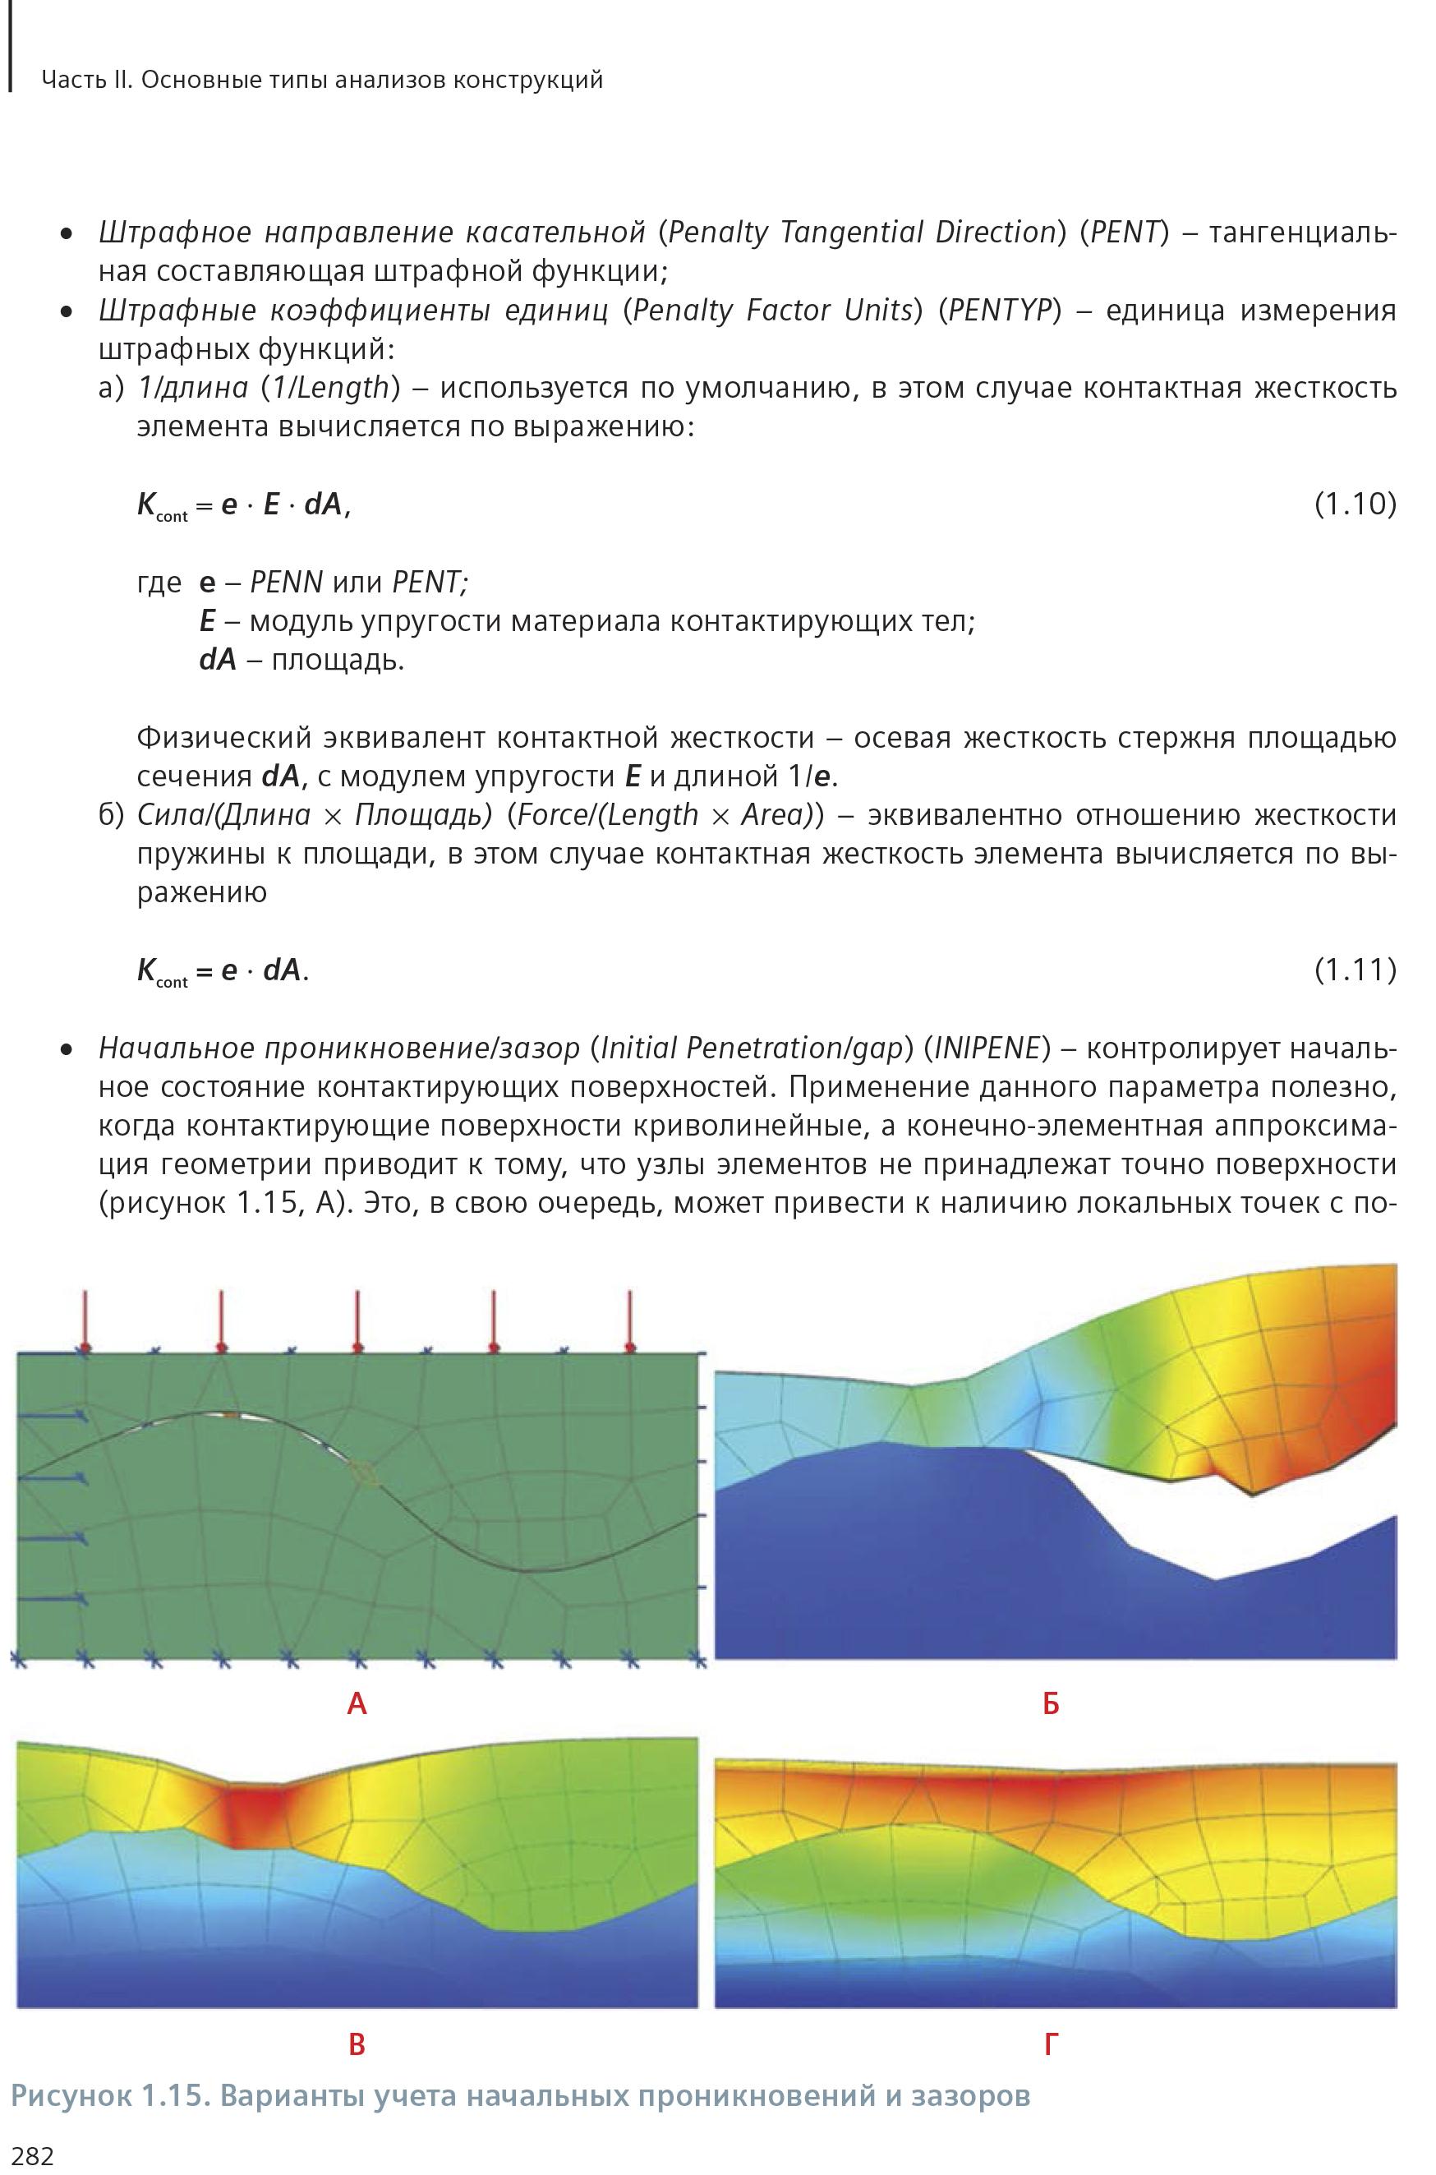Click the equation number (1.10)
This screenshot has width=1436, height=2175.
tap(1355, 504)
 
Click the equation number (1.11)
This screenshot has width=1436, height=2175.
tap(1355, 969)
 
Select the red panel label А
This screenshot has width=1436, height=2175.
tap(357, 1703)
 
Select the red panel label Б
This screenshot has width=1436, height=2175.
tap(1051, 1703)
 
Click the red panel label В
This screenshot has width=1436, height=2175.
tap(357, 2044)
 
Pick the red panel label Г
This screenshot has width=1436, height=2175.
tap(1051, 2044)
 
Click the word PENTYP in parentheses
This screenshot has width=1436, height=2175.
tap(999, 311)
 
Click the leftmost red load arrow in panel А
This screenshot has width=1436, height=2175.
tap(85, 1319)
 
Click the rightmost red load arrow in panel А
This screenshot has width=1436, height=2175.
tap(630, 1319)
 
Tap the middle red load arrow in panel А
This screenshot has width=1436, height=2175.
tap(357, 1319)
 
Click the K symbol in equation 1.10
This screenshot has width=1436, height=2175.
tap(146, 504)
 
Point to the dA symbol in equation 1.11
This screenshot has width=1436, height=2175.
tap(281, 970)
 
